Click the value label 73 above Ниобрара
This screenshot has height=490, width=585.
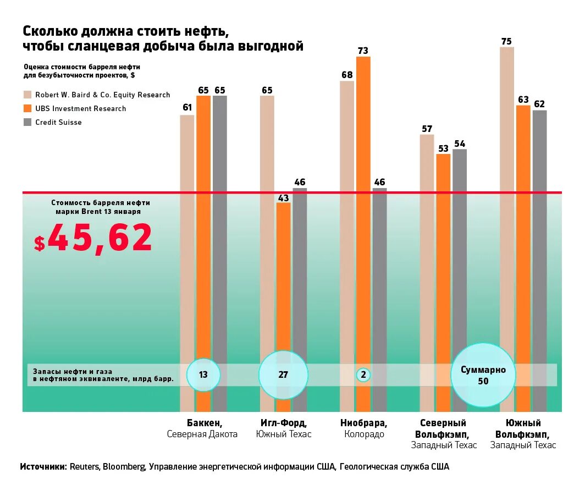pyautogui.click(x=363, y=51)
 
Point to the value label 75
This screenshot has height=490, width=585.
pyautogui.click(x=506, y=41)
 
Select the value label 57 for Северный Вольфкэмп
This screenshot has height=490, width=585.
pyautogui.click(x=427, y=129)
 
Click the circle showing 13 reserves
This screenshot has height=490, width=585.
pyautogui.click(x=203, y=375)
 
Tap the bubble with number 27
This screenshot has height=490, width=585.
pyautogui.click(x=283, y=375)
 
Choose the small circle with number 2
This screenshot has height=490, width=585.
pyautogui.click(x=363, y=375)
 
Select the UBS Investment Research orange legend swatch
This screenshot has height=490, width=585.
pyautogui.click(x=27, y=108)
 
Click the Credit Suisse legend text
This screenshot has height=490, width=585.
pyautogui.click(x=58, y=123)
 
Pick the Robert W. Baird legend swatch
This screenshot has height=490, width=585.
pyautogui.click(x=27, y=95)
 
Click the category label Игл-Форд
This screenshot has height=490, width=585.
pyautogui.click(x=283, y=423)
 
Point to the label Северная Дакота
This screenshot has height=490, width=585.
pyautogui.click(x=202, y=434)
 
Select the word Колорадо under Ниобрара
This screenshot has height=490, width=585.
pyautogui.click(x=364, y=434)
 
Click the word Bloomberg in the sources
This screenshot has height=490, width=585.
pyautogui.click(x=124, y=467)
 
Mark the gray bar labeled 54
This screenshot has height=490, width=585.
pyautogui.click(x=460, y=275)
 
